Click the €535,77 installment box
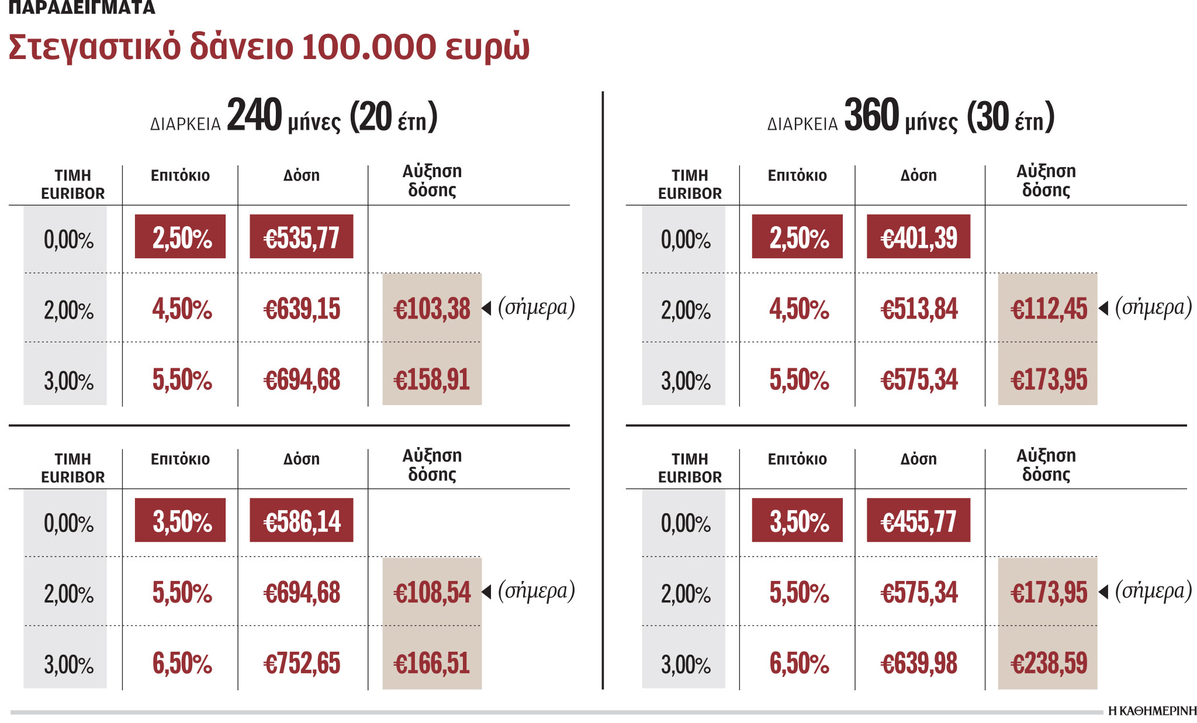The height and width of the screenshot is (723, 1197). pyautogui.click(x=301, y=237)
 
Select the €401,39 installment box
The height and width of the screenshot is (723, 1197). pyautogui.click(x=918, y=237)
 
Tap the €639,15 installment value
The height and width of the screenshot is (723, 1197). pyautogui.click(x=302, y=309)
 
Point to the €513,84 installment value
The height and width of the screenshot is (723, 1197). pyautogui.click(x=919, y=309)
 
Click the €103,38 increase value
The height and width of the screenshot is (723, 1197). pyautogui.click(x=432, y=309)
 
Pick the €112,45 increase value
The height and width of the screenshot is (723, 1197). pyautogui.click(x=1049, y=309)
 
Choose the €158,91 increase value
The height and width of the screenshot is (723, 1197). pyautogui.click(x=432, y=379)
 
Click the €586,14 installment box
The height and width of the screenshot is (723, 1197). pyautogui.click(x=301, y=520)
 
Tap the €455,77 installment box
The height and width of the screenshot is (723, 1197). pyautogui.click(x=918, y=520)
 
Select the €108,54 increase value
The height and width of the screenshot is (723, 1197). pyautogui.click(x=432, y=592)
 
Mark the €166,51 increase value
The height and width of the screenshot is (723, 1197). pyautogui.click(x=432, y=663)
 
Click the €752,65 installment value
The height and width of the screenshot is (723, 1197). pyautogui.click(x=302, y=663)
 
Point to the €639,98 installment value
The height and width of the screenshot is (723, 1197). pyautogui.click(x=919, y=663)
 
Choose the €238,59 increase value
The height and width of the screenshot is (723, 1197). pyautogui.click(x=1049, y=663)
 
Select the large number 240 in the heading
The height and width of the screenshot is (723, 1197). pyautogui.click(x=254, y=115)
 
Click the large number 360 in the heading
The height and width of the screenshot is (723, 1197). pyautogui.click(x=871, y=115)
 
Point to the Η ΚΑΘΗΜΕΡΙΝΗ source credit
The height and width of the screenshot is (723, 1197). pyautogui.click(x=1152, y=711)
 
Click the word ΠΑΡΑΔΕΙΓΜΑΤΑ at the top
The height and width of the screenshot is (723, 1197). pyautogui.click(x=82, y=7)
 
